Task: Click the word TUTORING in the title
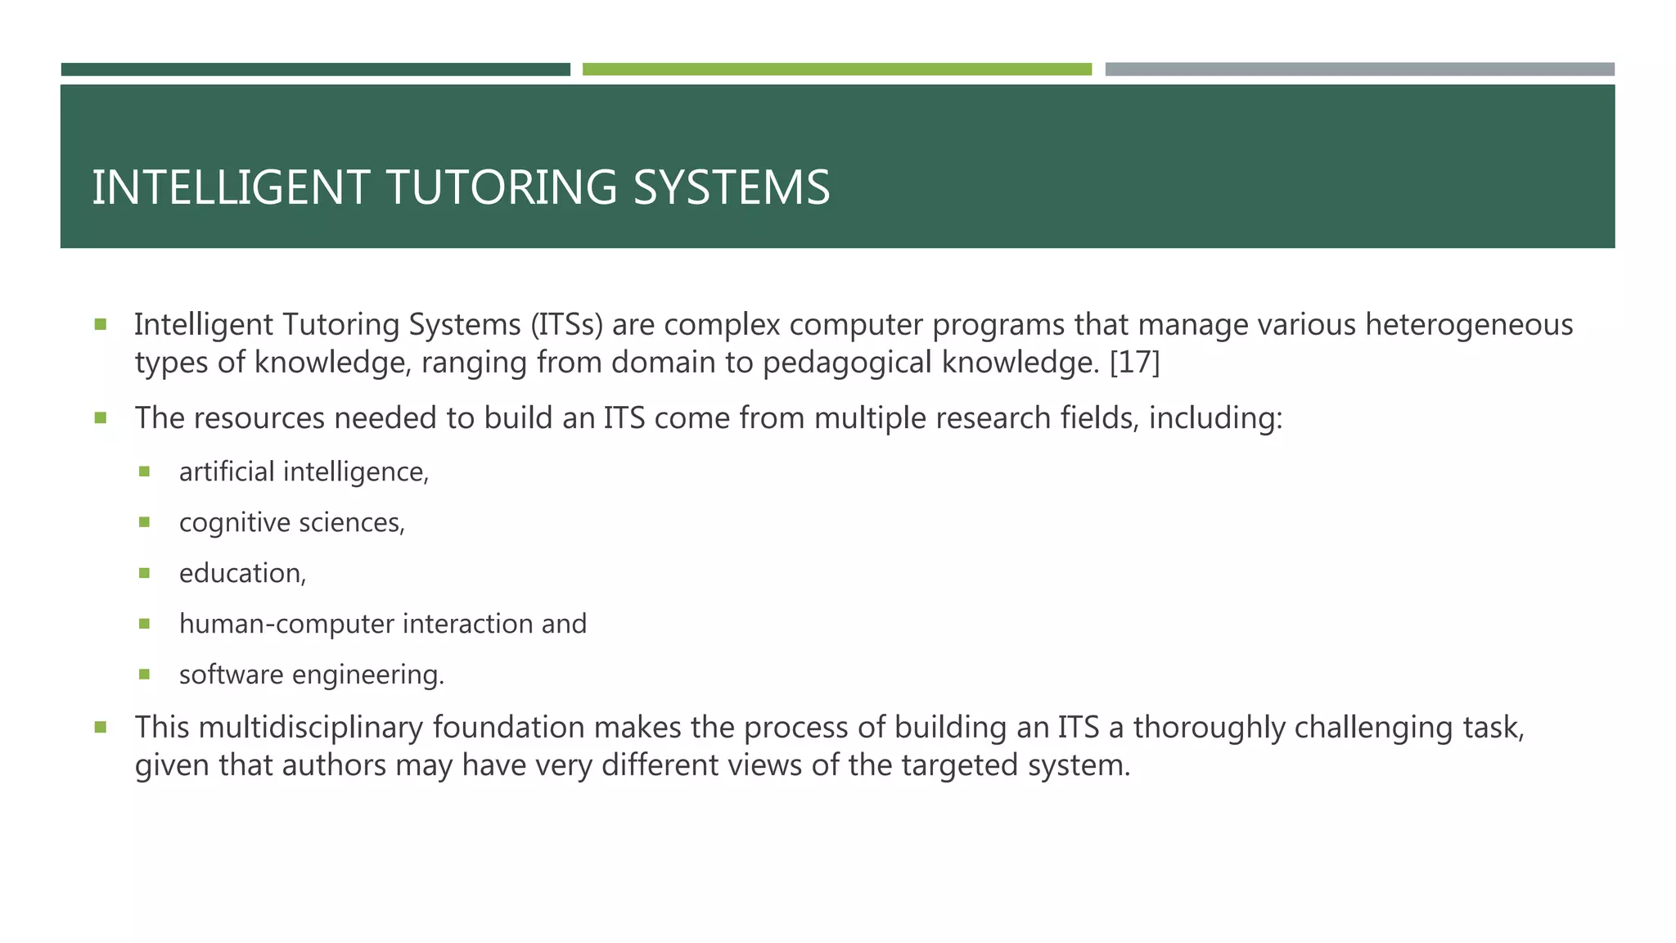click(x=501, y=187)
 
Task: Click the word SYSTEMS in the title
click(x=731, y=187)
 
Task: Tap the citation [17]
click(x=1134, y=362)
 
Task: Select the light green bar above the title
click(x=836, y=70)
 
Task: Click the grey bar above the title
click(x=1359, y=70)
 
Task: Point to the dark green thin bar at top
click(x=315, y=70)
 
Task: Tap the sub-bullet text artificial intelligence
click(x=303, y=472)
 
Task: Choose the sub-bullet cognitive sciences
click(x=291, y=523)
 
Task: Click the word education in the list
click(x=241, y=574)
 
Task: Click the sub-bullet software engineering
click(x=311, y=675)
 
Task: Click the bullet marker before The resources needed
click(x=101, y=418)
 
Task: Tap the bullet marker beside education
click(x=145, y=573)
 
